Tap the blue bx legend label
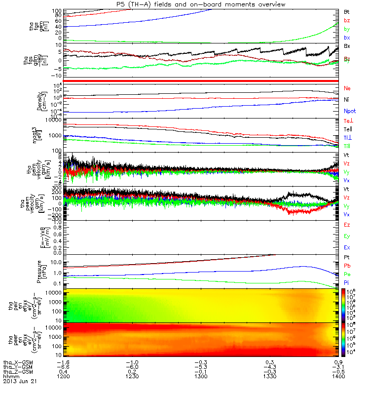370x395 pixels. point(347,38)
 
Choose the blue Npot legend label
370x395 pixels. point(349,111)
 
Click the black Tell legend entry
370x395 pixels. point(348,129)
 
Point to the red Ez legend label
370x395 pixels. point(347,225)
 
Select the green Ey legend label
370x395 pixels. point(347,236)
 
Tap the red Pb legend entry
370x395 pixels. point(347,266)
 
